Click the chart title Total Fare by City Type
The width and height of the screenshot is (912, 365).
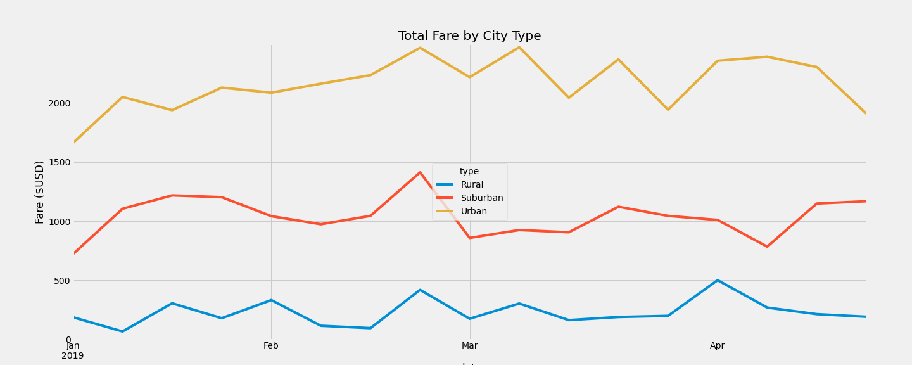point(469,36)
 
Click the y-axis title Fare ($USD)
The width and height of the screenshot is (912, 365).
point(40,192)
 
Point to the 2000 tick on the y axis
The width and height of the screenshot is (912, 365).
point(58,103)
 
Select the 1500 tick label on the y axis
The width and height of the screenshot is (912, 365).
point(58,162)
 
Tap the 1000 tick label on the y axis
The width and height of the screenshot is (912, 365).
point(58,221)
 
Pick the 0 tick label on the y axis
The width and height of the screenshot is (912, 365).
point(68,340)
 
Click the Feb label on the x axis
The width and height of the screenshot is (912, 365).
point(271,346)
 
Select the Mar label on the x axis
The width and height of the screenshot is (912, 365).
point(469,346)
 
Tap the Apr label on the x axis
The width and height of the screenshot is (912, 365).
point(718,346)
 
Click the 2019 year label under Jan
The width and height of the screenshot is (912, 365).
point(73,356)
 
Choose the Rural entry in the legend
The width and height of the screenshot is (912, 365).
point(472,185)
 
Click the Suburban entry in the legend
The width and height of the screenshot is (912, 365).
point(481,198)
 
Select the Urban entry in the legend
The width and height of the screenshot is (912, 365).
point(474,212)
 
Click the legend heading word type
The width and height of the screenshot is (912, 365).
point(469,172)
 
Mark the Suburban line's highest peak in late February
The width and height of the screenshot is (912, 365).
point(420,172)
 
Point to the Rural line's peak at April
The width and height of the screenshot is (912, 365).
point(718,280)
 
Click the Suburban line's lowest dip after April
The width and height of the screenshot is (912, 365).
point(767,247)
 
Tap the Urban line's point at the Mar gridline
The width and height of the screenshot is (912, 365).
point(469,77)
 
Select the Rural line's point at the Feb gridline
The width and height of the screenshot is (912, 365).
point(271,300)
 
